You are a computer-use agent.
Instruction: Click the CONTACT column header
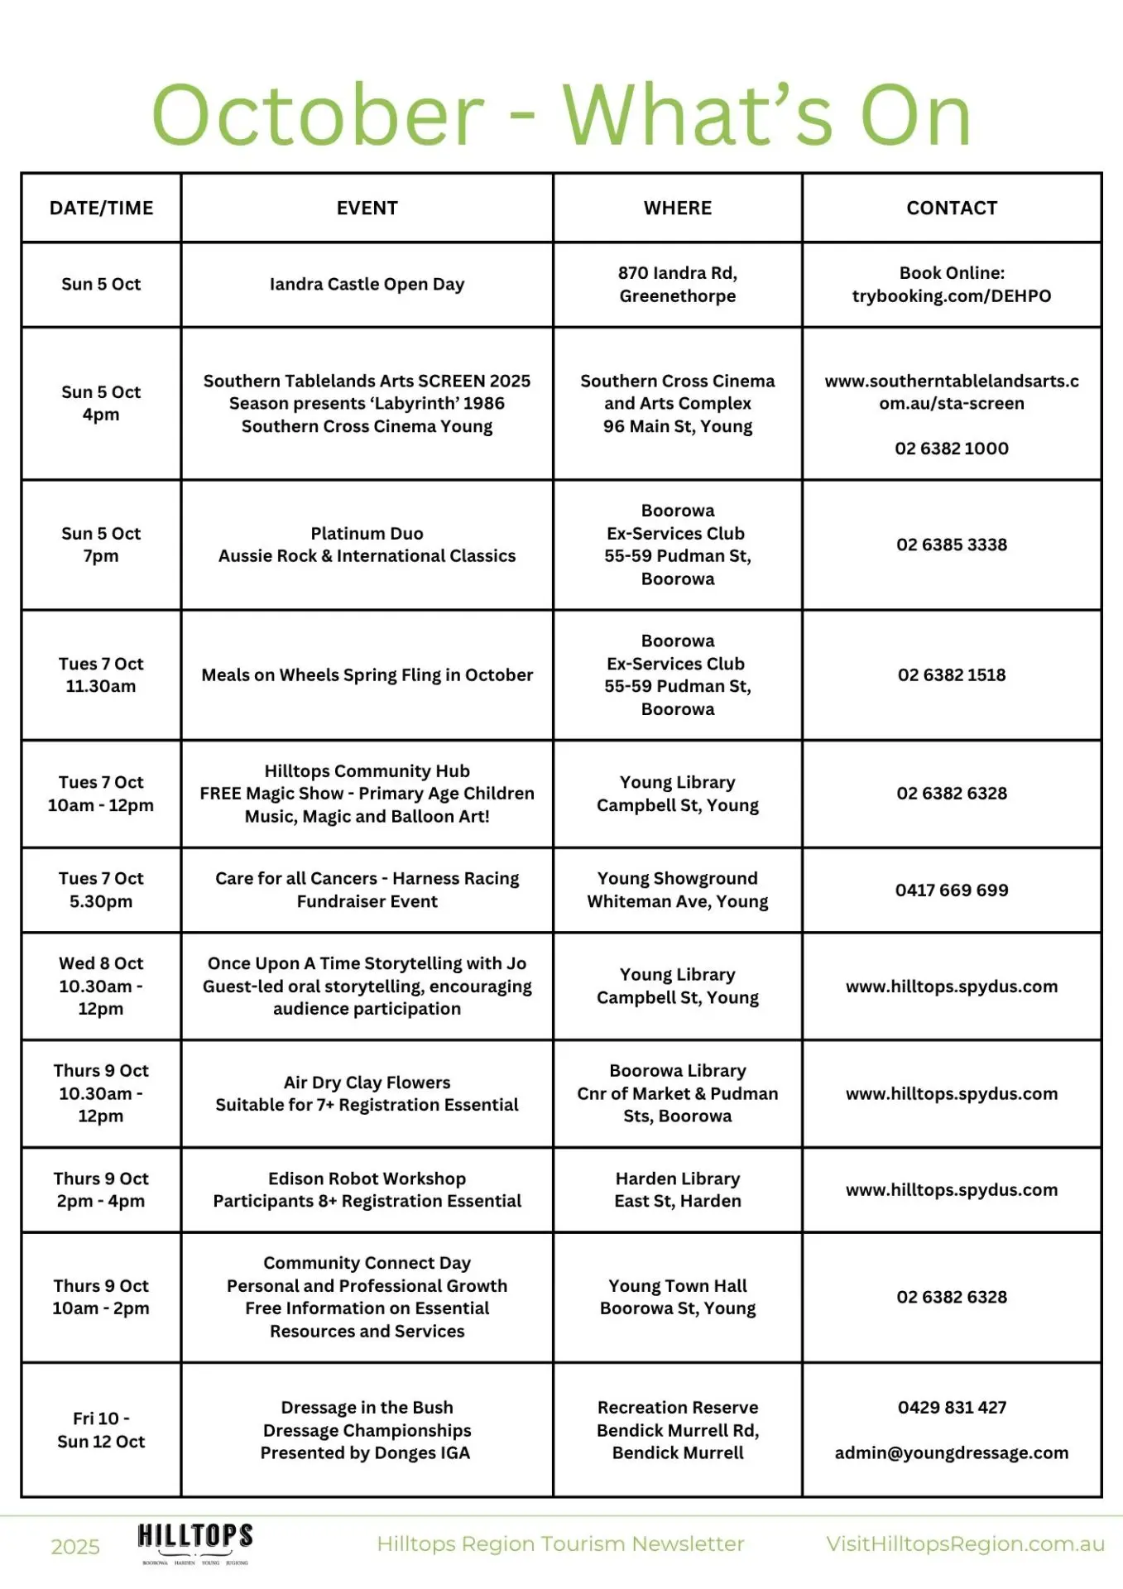(x=952, y=208)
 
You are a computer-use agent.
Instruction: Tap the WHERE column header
(x=677, y=208)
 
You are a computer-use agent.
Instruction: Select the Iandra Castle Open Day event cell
(x=367, y=284)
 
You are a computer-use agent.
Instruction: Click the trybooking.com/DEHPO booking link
(x=952, y=296)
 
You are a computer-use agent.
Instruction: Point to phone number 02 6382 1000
(x=952, y=449)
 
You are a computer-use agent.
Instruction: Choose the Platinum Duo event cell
(x=367, y=545)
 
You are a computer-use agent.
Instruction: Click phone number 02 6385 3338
(x=952, y=545)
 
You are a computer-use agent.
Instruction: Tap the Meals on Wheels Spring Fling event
(x=367, y=675)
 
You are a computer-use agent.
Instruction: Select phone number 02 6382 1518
(x=952, y=675)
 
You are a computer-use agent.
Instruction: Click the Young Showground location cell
(x=677, y=890)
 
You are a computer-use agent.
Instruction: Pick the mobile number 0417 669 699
(x=952, y=891)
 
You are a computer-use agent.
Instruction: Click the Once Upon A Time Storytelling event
(x=367, y=986)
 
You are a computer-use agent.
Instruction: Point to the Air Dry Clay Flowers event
(x=367, y=1093)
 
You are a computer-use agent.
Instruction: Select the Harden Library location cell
(x=677, y=1189)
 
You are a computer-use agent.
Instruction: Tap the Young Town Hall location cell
(x=677, y=1297)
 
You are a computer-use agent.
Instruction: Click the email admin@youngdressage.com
(x=952, y=1453)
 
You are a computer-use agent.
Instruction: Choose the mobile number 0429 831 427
(x=952, y=1408)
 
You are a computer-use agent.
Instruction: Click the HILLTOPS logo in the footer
(x=195, y=1542)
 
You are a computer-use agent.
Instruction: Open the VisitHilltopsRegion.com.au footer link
(x=965, y=1544)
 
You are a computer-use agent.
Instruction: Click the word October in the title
(x=318, y=116)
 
